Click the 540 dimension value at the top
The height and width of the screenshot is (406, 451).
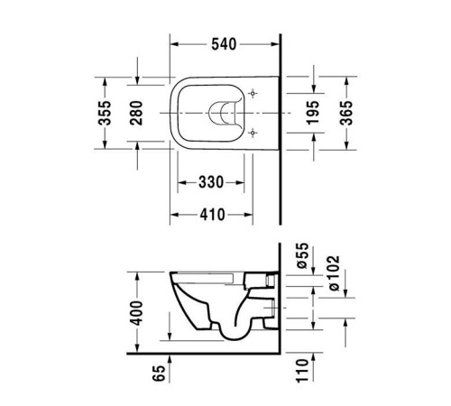coord(225,42)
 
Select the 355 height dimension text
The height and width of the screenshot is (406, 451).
coord(106,113)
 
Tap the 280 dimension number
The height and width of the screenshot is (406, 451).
coord(138,113)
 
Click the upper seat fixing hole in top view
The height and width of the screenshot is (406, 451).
coord(254,94)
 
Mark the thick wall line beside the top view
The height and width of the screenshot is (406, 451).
coord(281,126)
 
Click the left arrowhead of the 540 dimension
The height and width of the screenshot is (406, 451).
coord(174,42)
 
